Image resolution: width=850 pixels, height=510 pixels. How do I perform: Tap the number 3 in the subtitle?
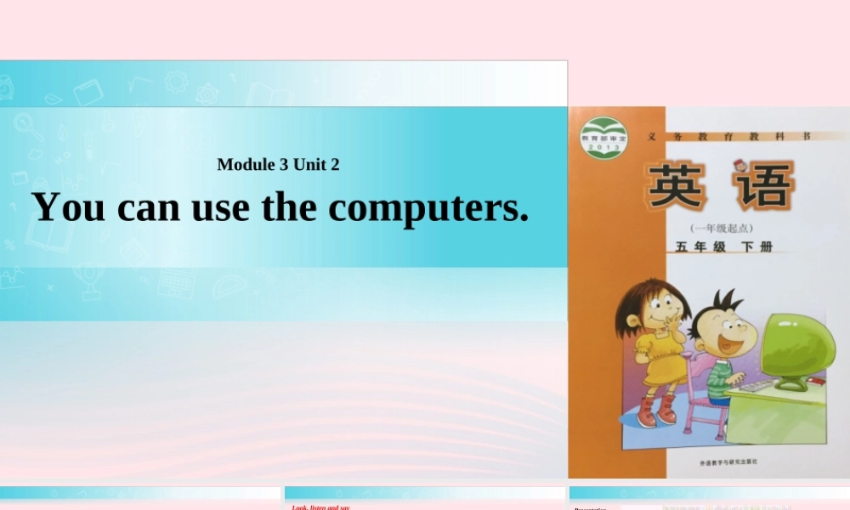[283, 165]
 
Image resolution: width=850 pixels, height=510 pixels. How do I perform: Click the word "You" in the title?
[68, 207]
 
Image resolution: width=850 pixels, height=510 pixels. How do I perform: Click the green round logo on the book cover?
[603, 137]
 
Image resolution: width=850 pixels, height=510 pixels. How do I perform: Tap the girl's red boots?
[656, 411]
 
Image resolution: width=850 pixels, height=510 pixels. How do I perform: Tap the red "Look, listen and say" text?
[321, 507]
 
